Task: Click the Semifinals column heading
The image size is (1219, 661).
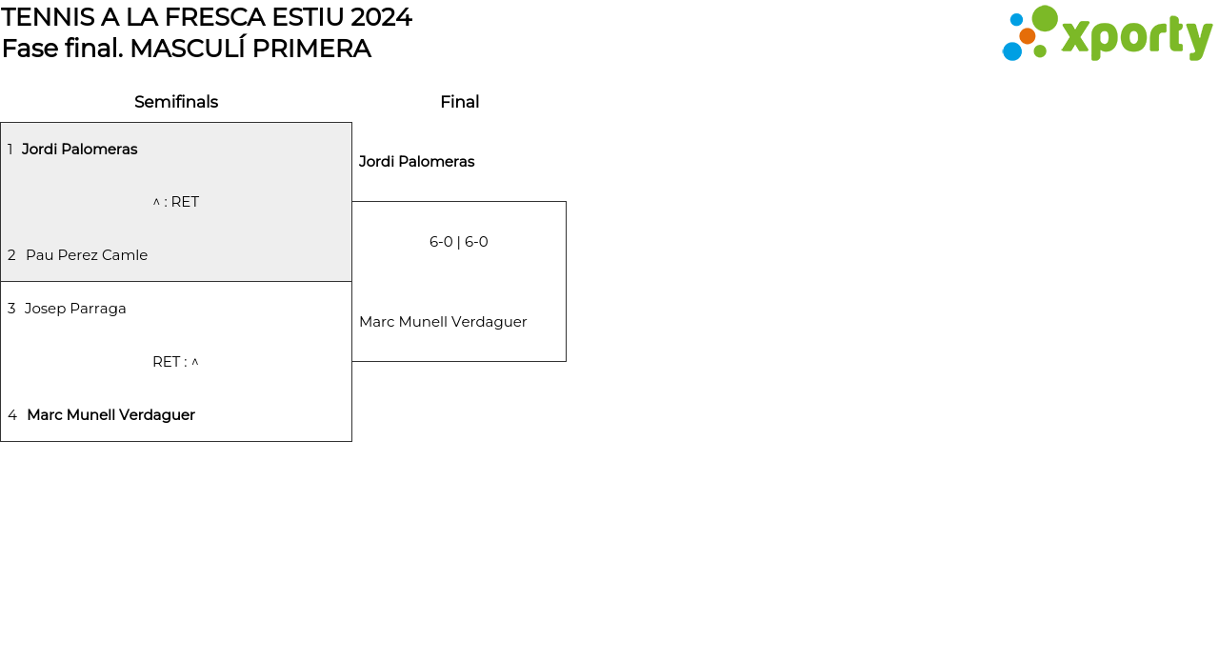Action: [176, 102]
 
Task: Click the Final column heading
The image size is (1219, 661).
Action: [460, 102]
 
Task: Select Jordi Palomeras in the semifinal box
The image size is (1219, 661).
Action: [79, 150]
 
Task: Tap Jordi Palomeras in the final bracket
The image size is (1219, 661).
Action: [417, 162]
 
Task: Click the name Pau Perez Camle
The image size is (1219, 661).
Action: [87, 255]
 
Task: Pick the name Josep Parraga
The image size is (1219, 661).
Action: [75, 309]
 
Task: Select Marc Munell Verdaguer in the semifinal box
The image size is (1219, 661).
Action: [111, 415]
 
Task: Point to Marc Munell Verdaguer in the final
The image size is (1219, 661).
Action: [443, 322]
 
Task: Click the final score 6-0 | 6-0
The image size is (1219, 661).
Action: [459, 242]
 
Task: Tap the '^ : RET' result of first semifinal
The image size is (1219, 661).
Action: [176, 202]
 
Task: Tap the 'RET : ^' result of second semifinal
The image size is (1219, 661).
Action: [176, 362]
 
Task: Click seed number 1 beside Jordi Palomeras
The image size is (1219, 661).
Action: [10, 150]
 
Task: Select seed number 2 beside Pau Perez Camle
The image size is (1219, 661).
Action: [11, 255]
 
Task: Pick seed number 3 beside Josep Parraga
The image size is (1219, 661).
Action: [11, 309]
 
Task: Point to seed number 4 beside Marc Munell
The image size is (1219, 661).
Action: [12, 415]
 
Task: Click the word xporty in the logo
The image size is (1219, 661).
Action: [1137, 37]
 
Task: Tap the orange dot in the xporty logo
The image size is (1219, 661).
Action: [1028, 36]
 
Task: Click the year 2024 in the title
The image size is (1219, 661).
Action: [381, 17]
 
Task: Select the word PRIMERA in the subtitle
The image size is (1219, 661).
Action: [311, 49]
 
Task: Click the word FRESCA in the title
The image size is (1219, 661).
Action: [215, 17]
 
